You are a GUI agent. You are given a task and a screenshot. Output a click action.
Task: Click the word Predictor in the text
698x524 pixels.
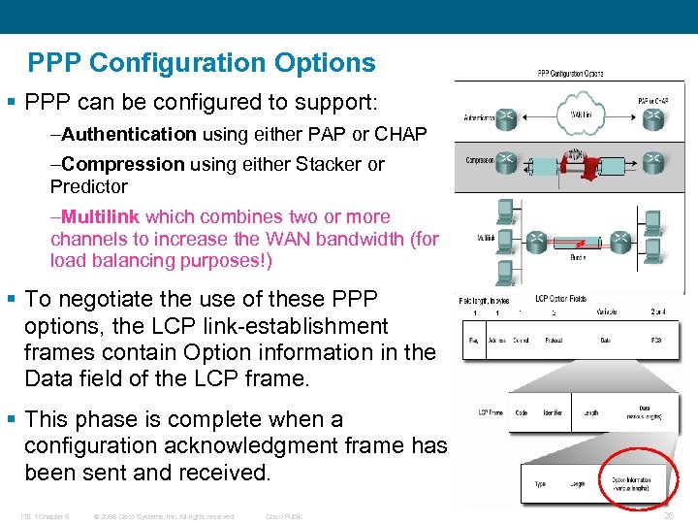click(89, 186)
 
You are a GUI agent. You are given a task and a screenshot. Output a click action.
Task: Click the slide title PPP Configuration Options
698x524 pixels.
click(202, 64)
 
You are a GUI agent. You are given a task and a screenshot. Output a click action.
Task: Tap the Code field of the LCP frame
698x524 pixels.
click(521, 412)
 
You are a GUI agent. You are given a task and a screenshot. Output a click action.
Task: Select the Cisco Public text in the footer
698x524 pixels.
click(284, 516)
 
